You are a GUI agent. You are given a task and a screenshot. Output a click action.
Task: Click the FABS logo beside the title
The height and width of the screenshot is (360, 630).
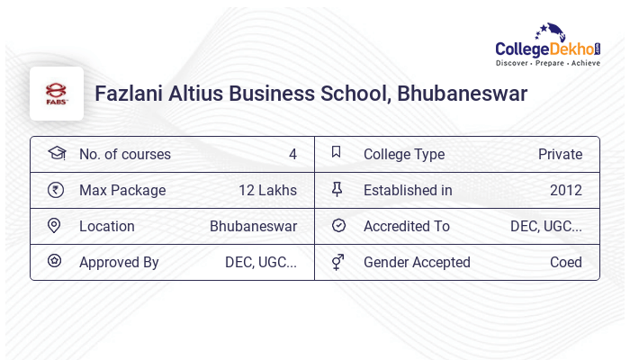pos(56,94)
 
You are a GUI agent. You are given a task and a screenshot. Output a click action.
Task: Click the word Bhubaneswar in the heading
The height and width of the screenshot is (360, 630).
pos(463,94)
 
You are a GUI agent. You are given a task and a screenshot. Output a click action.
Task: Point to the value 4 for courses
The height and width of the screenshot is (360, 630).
pos(292,154)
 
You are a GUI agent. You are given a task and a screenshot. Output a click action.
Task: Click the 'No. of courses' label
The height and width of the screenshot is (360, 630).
pos(125,154)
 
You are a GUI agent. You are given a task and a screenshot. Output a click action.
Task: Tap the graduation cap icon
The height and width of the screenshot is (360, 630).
pos(56,153)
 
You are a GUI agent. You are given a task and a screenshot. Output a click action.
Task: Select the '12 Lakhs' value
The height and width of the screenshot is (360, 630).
pos(267,190)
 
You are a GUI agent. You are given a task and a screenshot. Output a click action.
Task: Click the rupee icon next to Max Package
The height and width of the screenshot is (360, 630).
pos(56,190)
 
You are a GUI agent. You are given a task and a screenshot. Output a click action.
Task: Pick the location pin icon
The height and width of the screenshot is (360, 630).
pos(55,226)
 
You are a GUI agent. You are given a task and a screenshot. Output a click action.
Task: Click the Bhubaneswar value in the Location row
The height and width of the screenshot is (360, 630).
pos(253,226)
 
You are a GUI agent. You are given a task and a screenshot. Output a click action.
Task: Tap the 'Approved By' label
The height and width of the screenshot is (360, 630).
pos(119,262)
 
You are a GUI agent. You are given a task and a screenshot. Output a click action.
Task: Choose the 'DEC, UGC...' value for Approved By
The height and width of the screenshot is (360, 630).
pos(261,262)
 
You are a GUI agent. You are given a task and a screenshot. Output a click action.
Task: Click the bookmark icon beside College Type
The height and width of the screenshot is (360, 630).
pos(337,153)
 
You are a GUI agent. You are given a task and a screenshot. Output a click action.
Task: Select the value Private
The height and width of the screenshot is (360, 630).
pos(560,154)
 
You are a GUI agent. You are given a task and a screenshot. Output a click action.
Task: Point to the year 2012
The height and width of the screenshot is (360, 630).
pos(566,190)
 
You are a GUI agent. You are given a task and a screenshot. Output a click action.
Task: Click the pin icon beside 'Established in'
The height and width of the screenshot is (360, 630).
pos(337,190)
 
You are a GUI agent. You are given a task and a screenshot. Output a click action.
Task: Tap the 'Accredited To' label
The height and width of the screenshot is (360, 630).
pos(407,226)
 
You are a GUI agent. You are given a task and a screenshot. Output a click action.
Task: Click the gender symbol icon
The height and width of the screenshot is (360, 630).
pos(337,262)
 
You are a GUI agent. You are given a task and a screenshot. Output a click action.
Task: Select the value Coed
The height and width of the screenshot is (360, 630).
pos(566,262)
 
